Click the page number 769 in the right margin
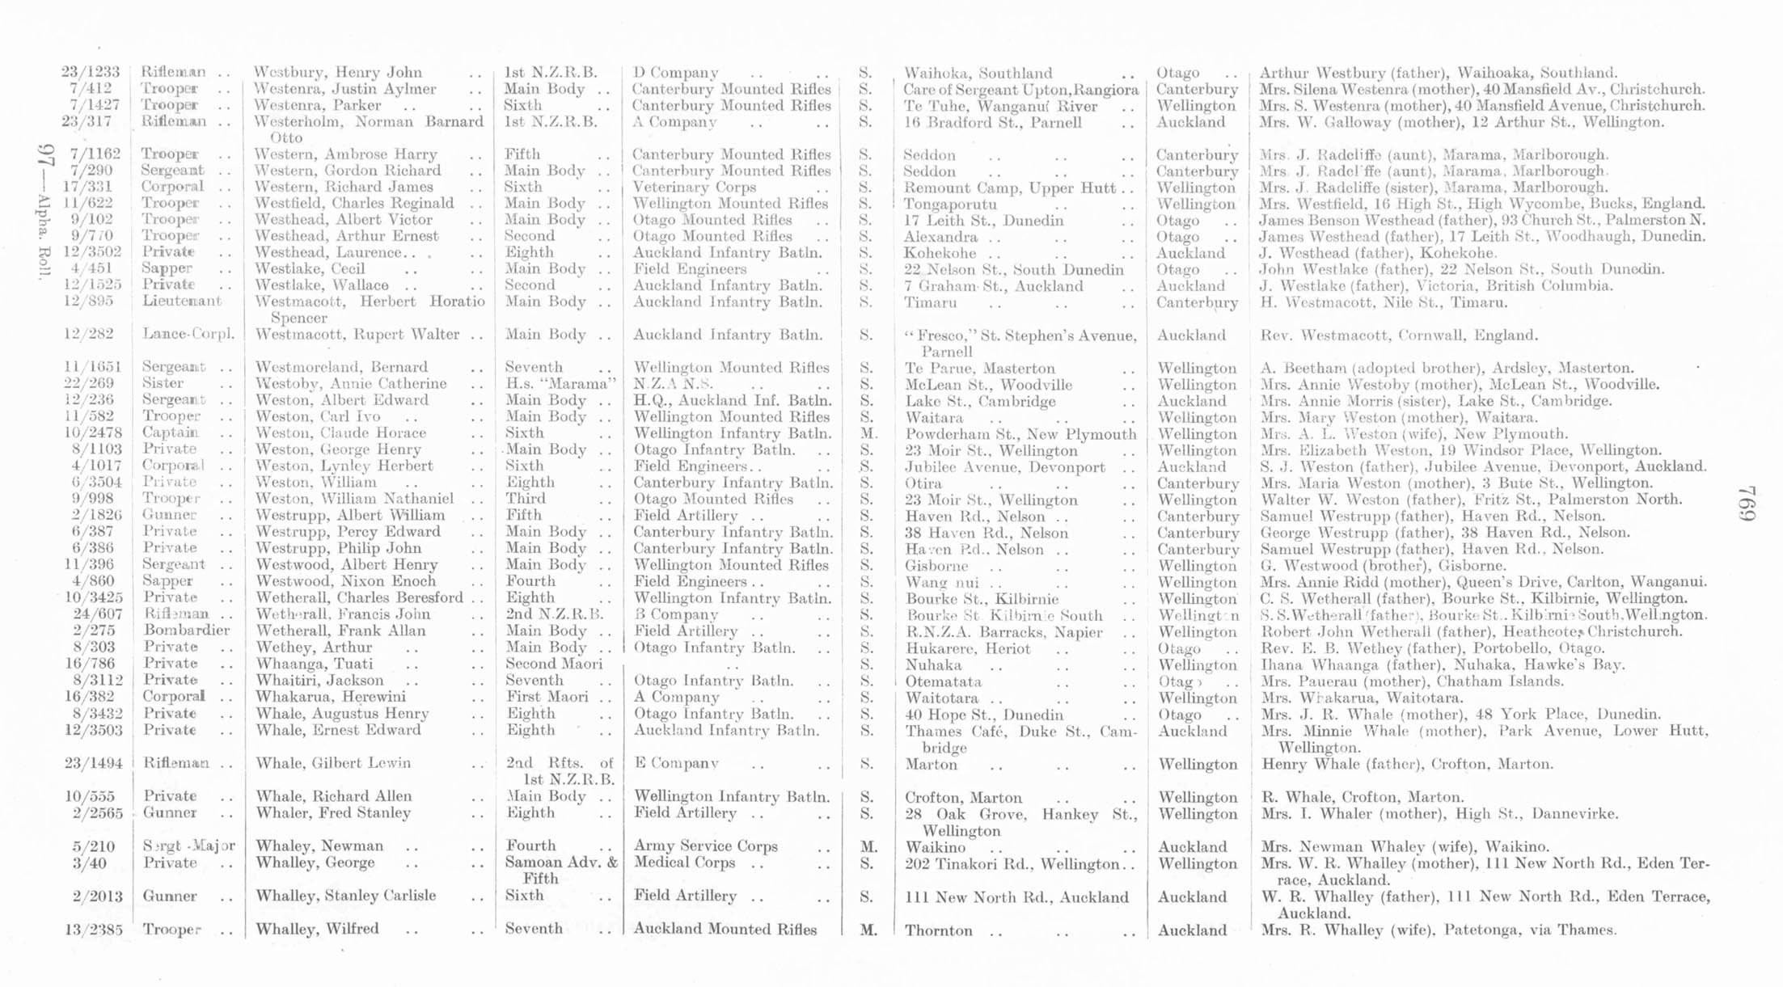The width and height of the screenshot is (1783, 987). click(x=1746, y=514)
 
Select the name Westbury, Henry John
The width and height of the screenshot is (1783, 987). click(x=337, y=73)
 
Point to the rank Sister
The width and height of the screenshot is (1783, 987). click(x=163, y=383)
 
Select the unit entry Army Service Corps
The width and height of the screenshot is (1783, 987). click(x=705, y=846)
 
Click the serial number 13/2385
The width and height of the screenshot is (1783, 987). click(x=93, y=930)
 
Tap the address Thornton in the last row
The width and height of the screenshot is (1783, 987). click(x=938, y=930)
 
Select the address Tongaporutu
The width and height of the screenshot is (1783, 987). click(x=949, y=204)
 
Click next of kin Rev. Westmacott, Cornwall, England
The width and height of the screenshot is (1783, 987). click(x=1398, y=335)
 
